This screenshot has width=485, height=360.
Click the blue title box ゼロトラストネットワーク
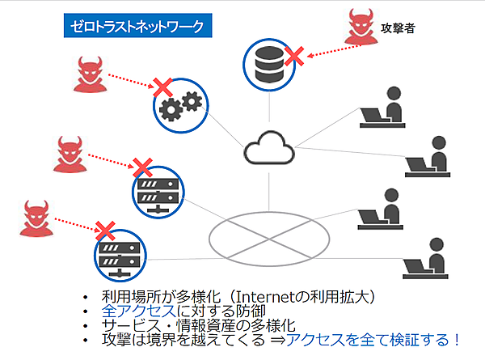coord(138,25)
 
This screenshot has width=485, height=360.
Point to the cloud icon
coord(268,148)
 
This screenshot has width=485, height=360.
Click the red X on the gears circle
coord(162,85)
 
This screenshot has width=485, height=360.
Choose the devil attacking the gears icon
coord(88,75)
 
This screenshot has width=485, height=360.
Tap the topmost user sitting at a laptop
coord(384,108)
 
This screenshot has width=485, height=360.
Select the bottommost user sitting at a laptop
coord(424,259)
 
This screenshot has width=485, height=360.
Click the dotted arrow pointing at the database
coord(336,49)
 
